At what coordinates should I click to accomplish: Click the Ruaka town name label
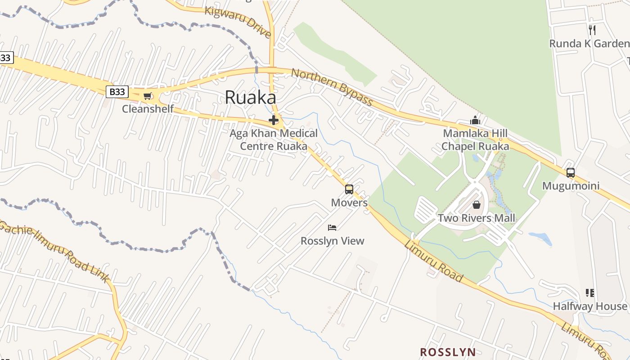tap(250, 97)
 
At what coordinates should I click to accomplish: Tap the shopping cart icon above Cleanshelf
tap(148, 96)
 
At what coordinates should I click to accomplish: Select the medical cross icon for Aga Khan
tap(274, 120)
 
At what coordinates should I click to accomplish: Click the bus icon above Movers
tap(349, 189)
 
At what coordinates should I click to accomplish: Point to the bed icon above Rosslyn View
tap(332, 228)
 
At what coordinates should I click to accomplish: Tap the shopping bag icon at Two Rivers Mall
tap(477, 205)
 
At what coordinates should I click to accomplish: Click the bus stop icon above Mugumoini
tap(571, 173)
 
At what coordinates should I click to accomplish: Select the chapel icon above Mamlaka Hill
tap(475, 121)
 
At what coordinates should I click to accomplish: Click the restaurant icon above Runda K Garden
tap(592, 30)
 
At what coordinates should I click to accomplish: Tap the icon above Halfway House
tap(590, 293)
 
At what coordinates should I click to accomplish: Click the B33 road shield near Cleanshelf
tap(117, 92)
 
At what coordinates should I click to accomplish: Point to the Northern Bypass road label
tap(332, 87)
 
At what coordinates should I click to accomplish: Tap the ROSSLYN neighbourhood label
tap(448, 352)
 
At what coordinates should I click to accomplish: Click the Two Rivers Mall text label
tap(477, 218)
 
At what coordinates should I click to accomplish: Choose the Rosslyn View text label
tap(332, 241)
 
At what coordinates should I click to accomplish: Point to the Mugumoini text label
tap(571, 186)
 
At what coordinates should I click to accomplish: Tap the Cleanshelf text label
tap(148, 109)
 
